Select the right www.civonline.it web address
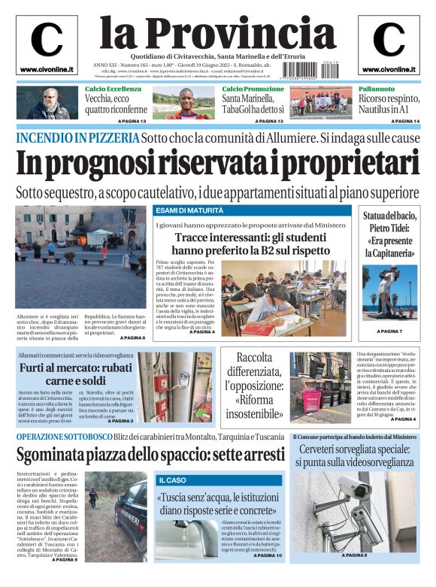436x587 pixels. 389,70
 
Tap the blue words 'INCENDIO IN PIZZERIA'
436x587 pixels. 77,138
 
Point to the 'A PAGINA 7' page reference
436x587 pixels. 389,331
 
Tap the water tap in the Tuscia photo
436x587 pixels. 180,530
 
